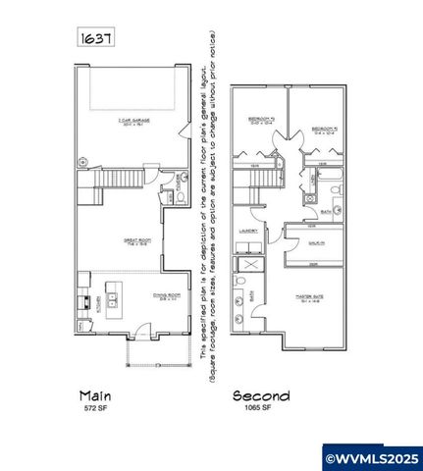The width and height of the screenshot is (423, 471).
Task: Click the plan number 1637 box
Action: pos(95,37)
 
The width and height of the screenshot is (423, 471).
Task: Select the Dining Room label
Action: pos(143,295)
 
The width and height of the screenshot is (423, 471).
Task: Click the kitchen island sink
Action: pos(112,297)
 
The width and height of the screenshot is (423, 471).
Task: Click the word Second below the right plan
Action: pos(261,395)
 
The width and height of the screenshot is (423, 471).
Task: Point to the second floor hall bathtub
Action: pos(331,182)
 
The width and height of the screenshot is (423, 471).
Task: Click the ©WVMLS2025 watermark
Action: pos(373,456)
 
